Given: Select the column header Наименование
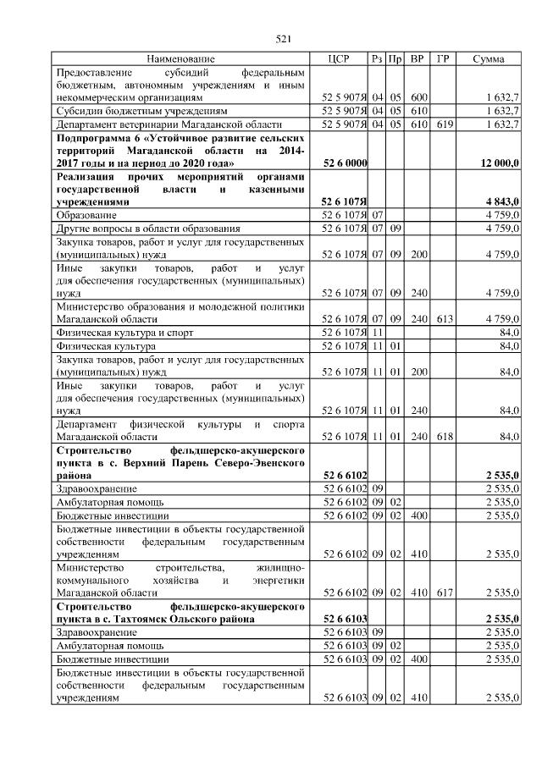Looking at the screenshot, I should (180, 59).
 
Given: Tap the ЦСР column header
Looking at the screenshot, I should (344, 59).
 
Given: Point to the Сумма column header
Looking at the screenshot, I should (489, 59).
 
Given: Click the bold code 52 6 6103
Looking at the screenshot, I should (345, 620).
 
